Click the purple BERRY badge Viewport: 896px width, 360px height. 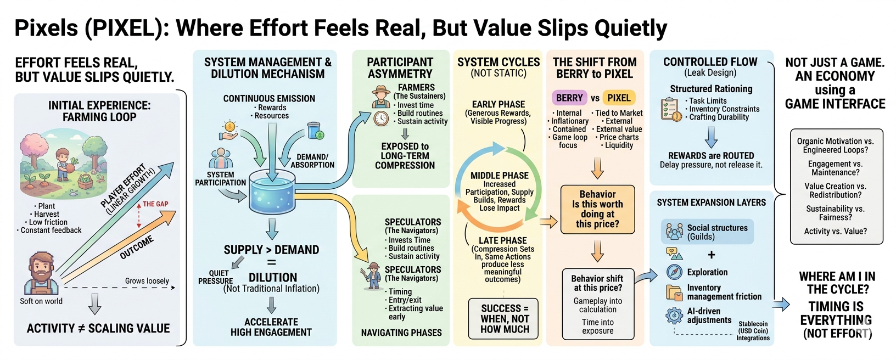click(569, 98)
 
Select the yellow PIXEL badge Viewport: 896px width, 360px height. click(619, 98)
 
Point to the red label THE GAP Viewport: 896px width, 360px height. click(155, 204)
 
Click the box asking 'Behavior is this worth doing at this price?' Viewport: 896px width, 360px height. click(597, 209)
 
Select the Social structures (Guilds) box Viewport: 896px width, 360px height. click(707, 232)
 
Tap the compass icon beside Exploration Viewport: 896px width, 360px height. click(674, 272)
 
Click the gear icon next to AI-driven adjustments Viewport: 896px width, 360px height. click(674, 316)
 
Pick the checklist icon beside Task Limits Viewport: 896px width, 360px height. click(670, 109)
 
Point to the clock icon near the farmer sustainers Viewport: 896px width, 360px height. click(381, 119)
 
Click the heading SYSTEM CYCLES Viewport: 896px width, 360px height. click(499, 62)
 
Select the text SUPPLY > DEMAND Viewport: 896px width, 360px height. click(271, 250)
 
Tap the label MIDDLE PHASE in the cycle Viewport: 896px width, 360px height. click(499, 176)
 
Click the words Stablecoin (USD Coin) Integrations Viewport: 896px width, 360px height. click(753, 331)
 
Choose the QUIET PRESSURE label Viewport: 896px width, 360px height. click(216, 277)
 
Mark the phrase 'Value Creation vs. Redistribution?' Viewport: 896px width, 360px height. click(835, 190)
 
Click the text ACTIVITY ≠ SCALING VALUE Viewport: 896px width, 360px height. click(98, 328)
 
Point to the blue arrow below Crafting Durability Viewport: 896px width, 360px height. click(712, 137)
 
